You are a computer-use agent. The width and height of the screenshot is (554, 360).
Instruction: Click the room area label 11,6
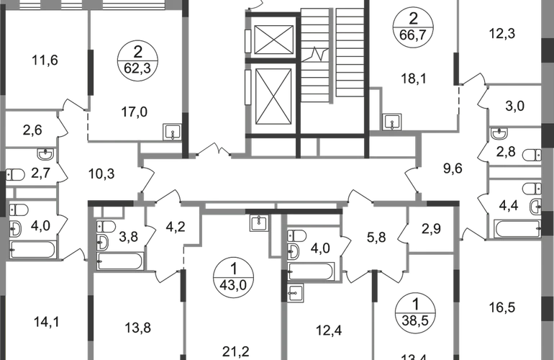45,61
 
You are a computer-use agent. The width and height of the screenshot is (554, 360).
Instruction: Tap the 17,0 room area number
135,112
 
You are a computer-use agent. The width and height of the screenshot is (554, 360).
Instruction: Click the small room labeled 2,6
32,130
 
